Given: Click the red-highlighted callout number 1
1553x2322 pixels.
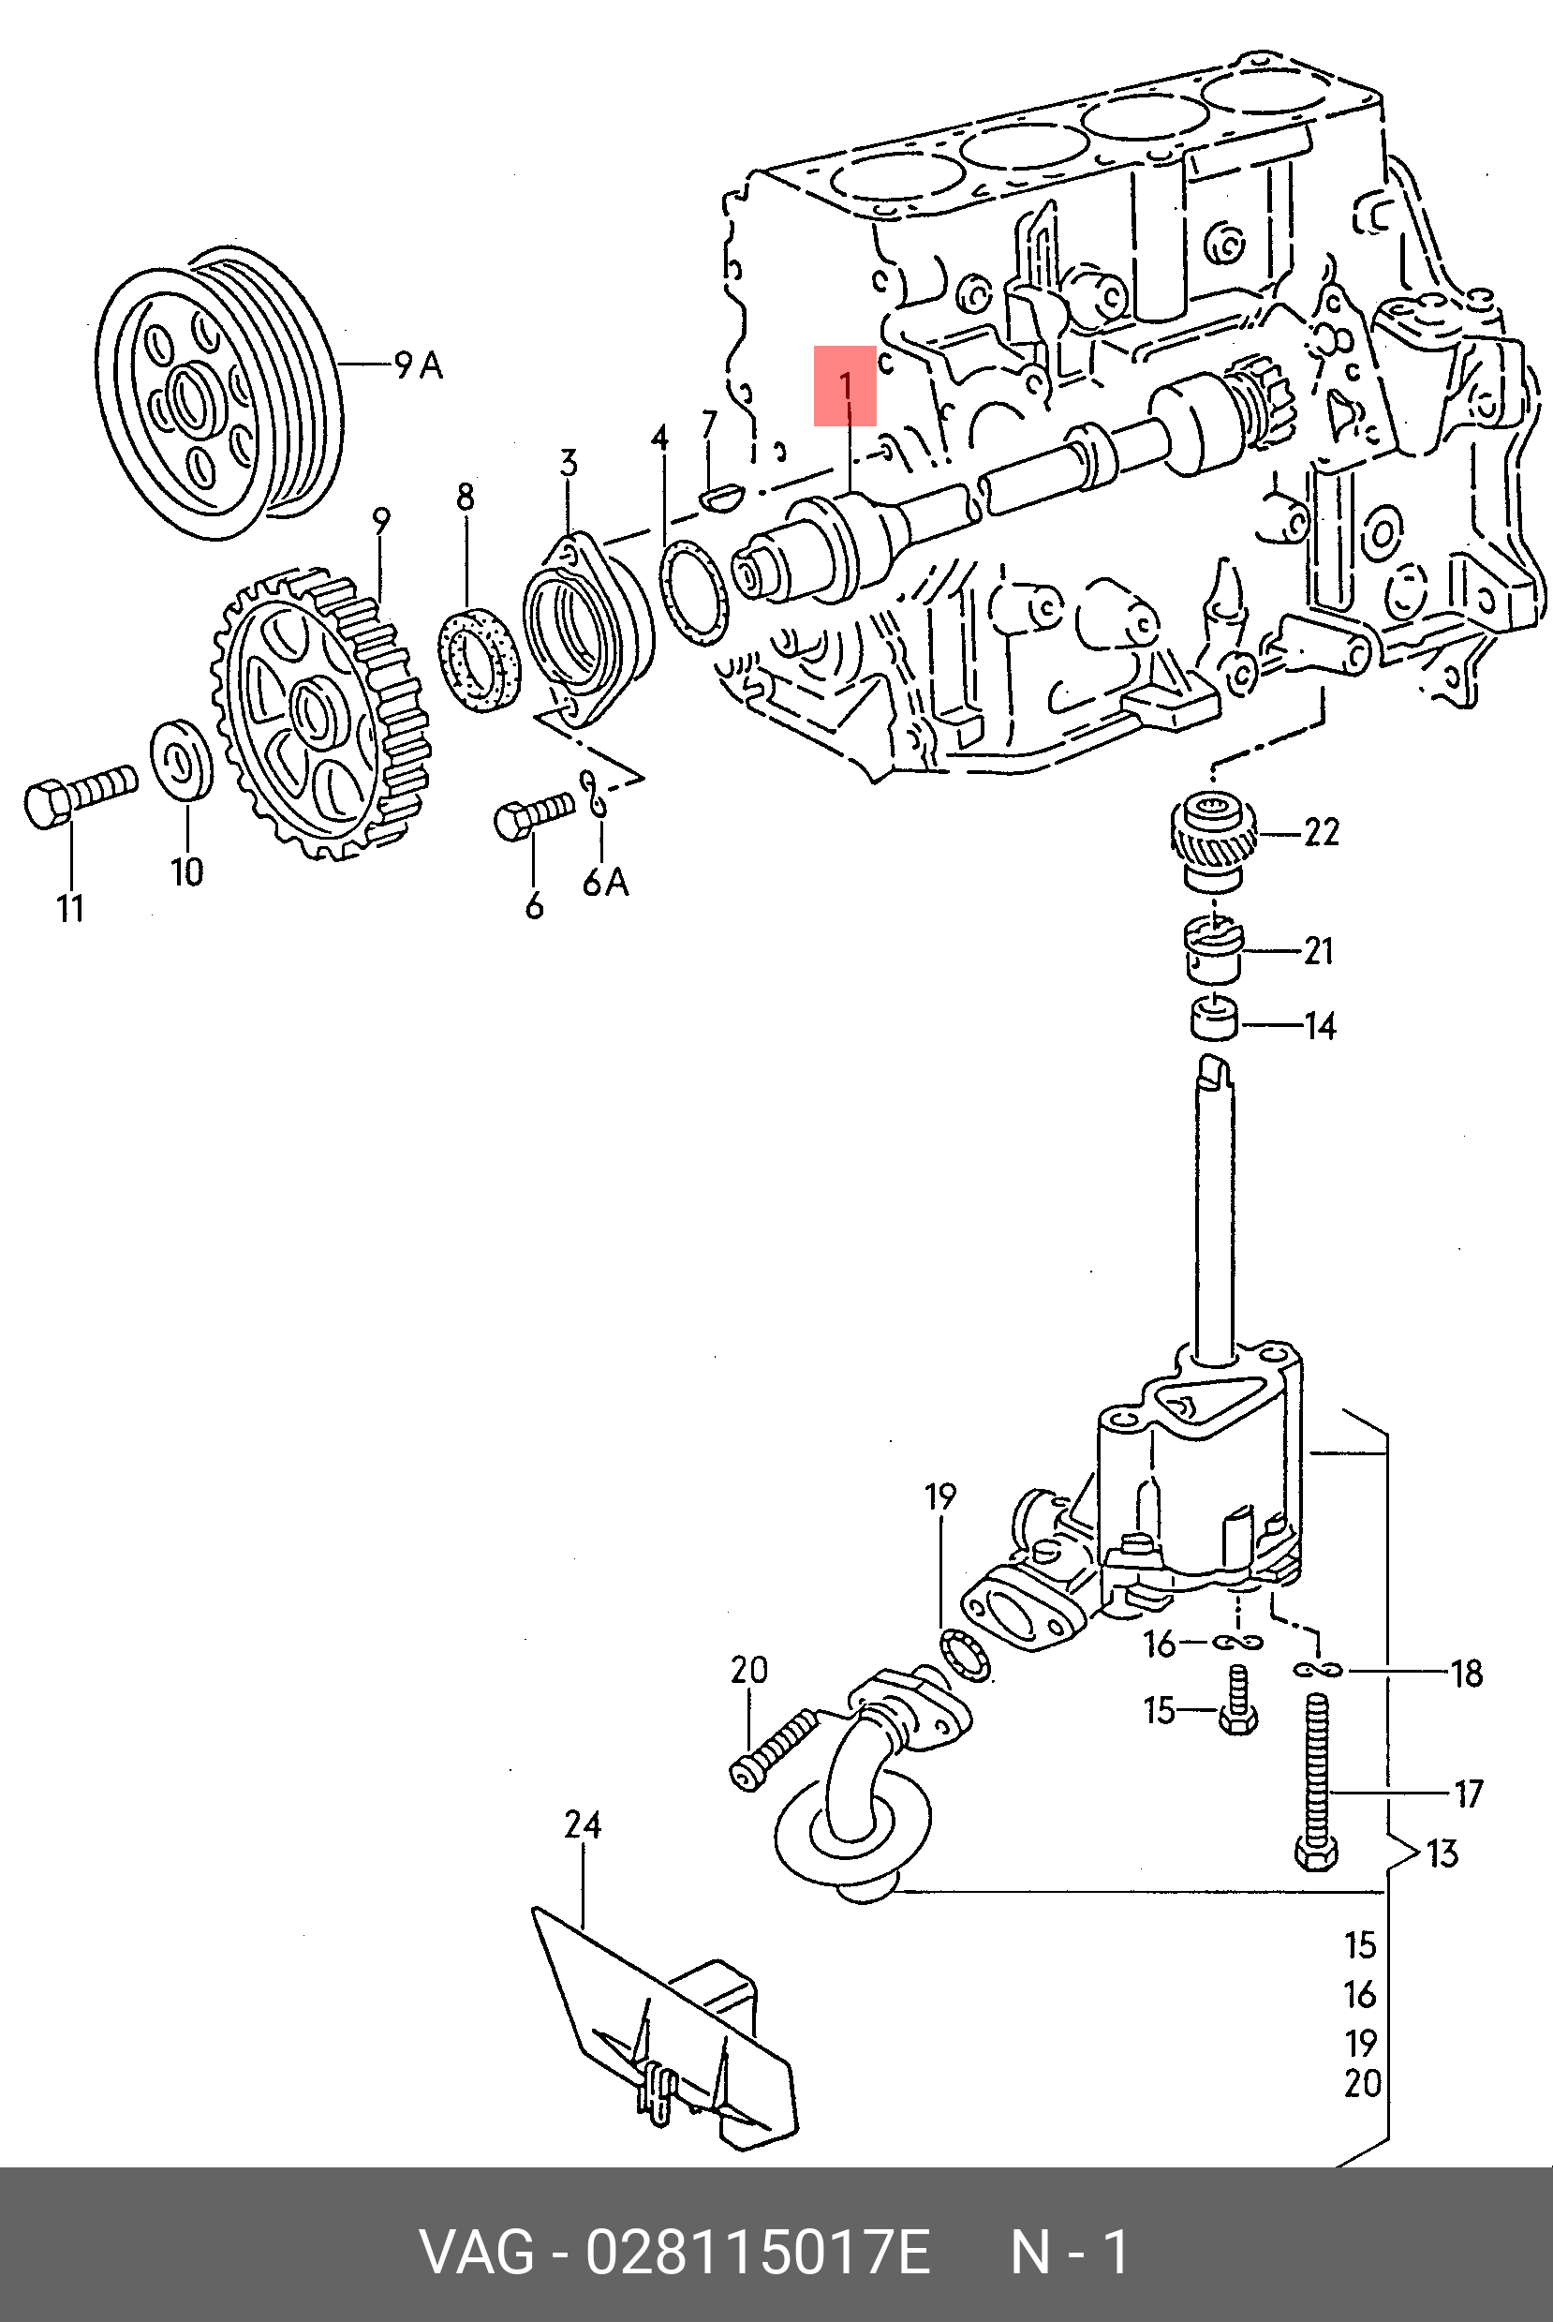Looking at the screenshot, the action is click(846, 385).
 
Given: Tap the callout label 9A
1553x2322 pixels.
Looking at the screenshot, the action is click(419, 365).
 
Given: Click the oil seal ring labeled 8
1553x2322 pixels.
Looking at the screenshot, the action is click(480, 657).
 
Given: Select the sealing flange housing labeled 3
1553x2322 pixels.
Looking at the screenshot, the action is click(584, 630).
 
